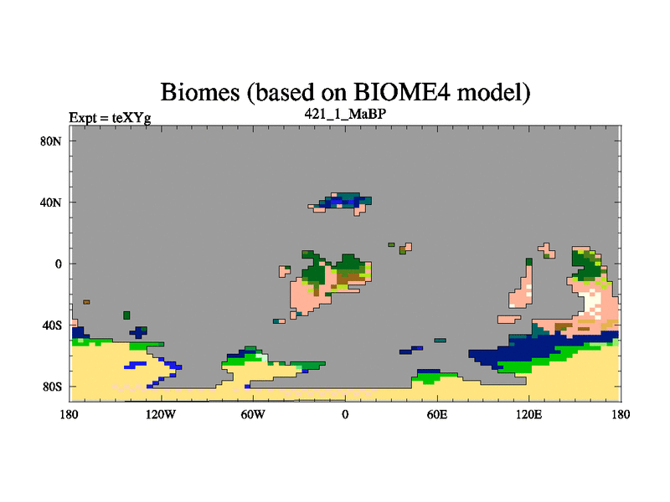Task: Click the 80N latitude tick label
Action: pyautogui.click(x=51, y=141)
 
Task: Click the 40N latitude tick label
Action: pyautogui.click(x=51, y=202)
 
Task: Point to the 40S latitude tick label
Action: pyautogui.click(x=52, y=325)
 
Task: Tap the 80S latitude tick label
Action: pyautogui.click(x=52, y=387)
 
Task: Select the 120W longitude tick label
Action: pyautogui.click(x=161, y=414)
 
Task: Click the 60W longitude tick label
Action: pyautogui.click(x=253, y=414)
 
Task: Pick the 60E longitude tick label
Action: pyautogui.click(x=437, y=414)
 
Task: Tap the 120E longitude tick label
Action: pyautogui.click(x=529, y=414)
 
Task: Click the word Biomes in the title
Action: pyautogui.click(x=200, y=92)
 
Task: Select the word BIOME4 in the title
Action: pyautogui.click(x=402, y=92)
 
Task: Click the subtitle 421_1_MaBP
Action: pyautogui.click(x=345, y=114)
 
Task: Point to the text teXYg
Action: pyautogui.click(x=131, y=118)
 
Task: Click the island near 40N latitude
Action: pyautogui.click(x=342, y=203)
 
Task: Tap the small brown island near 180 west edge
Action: pyautogui.click(x=86, y=302)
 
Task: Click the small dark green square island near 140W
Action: pyautogui.click(x=126, y=315)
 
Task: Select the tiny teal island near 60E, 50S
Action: pyautogui.click(x=441, y=341)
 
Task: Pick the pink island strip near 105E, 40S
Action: pyautogui.click(x=509, y=319)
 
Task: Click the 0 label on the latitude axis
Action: pyautogui.click(x=58, y=264)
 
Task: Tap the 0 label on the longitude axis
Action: pyautogui.click(x=345, y=414)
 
